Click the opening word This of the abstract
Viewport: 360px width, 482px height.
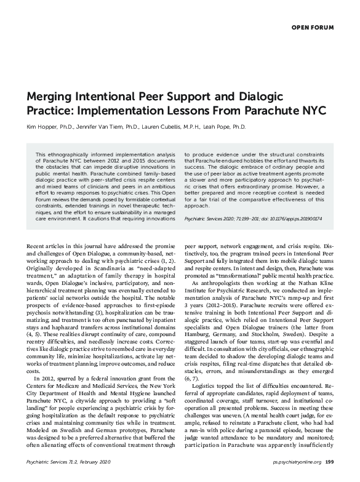[41, 153]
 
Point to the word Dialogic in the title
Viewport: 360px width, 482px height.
[255, 98]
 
